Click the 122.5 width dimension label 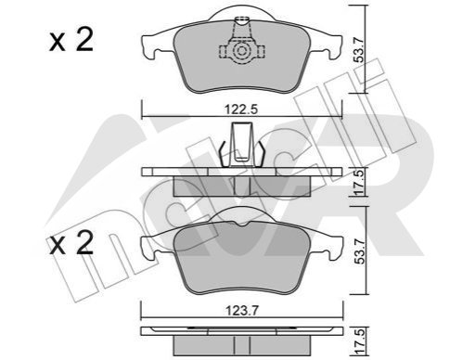point(241,109)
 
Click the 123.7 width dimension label point(241,311)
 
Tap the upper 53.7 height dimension point(360,49)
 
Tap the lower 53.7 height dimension point(360,251)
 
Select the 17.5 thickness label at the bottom point(360,341)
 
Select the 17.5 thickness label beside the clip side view point(360,182)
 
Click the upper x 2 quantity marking point(71,40)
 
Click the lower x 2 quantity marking point(71,243)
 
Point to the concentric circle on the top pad point(241,51)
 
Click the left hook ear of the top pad point(148,47)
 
